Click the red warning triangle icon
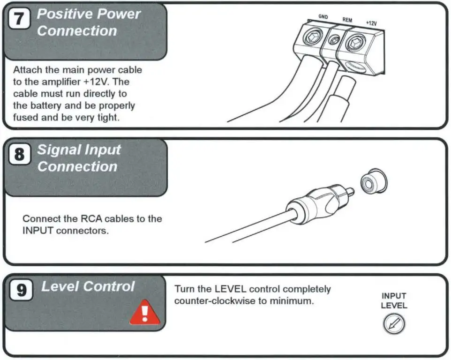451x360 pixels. coord(144,313)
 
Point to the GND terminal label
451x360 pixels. coord(323,17)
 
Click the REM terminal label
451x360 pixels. coord(347,20)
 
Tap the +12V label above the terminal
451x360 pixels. coord(371,23)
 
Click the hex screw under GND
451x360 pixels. coord(313,37)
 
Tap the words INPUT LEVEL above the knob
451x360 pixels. coord(394,301)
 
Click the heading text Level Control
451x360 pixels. coord(88,286)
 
